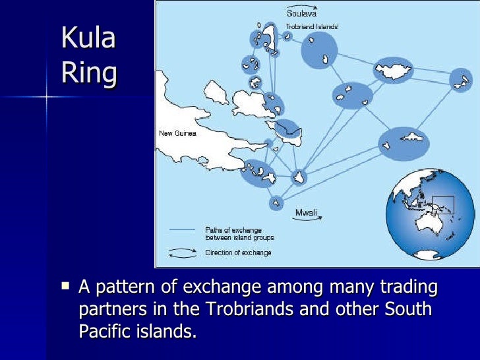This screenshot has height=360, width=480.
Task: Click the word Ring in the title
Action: [89, 73]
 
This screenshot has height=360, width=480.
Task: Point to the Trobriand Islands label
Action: [312, 27]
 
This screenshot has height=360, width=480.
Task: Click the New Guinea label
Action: [177, 133]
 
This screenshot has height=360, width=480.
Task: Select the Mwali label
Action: [306, 212]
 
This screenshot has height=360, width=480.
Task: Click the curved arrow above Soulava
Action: [301, 5]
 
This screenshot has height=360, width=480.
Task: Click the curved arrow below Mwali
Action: [306, 222]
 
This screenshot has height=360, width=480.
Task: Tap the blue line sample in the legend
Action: [182, 230]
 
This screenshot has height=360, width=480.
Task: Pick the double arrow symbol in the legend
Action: [182, 252]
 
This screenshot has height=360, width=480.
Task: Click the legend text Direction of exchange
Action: [238, 253]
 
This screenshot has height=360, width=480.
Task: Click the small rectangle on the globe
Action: [442, 205]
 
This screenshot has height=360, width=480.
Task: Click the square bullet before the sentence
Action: [65, 286]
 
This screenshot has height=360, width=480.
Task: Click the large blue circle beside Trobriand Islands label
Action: [320, 49]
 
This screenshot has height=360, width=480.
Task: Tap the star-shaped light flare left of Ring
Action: [47, 97]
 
